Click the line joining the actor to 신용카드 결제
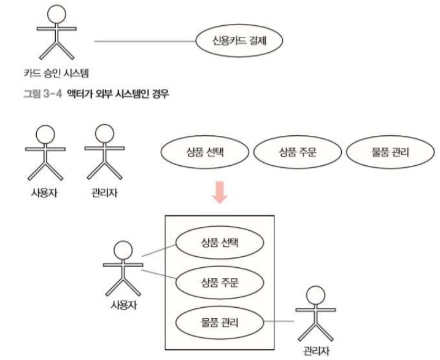pyautogui.click(x=145, y=42)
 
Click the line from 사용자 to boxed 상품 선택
pyautogui.click(x=159, y=249)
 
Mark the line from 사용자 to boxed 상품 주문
pyautogui.click(x=159, y=274)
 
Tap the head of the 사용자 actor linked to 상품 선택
pyautogui.click(x=123, y=249)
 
